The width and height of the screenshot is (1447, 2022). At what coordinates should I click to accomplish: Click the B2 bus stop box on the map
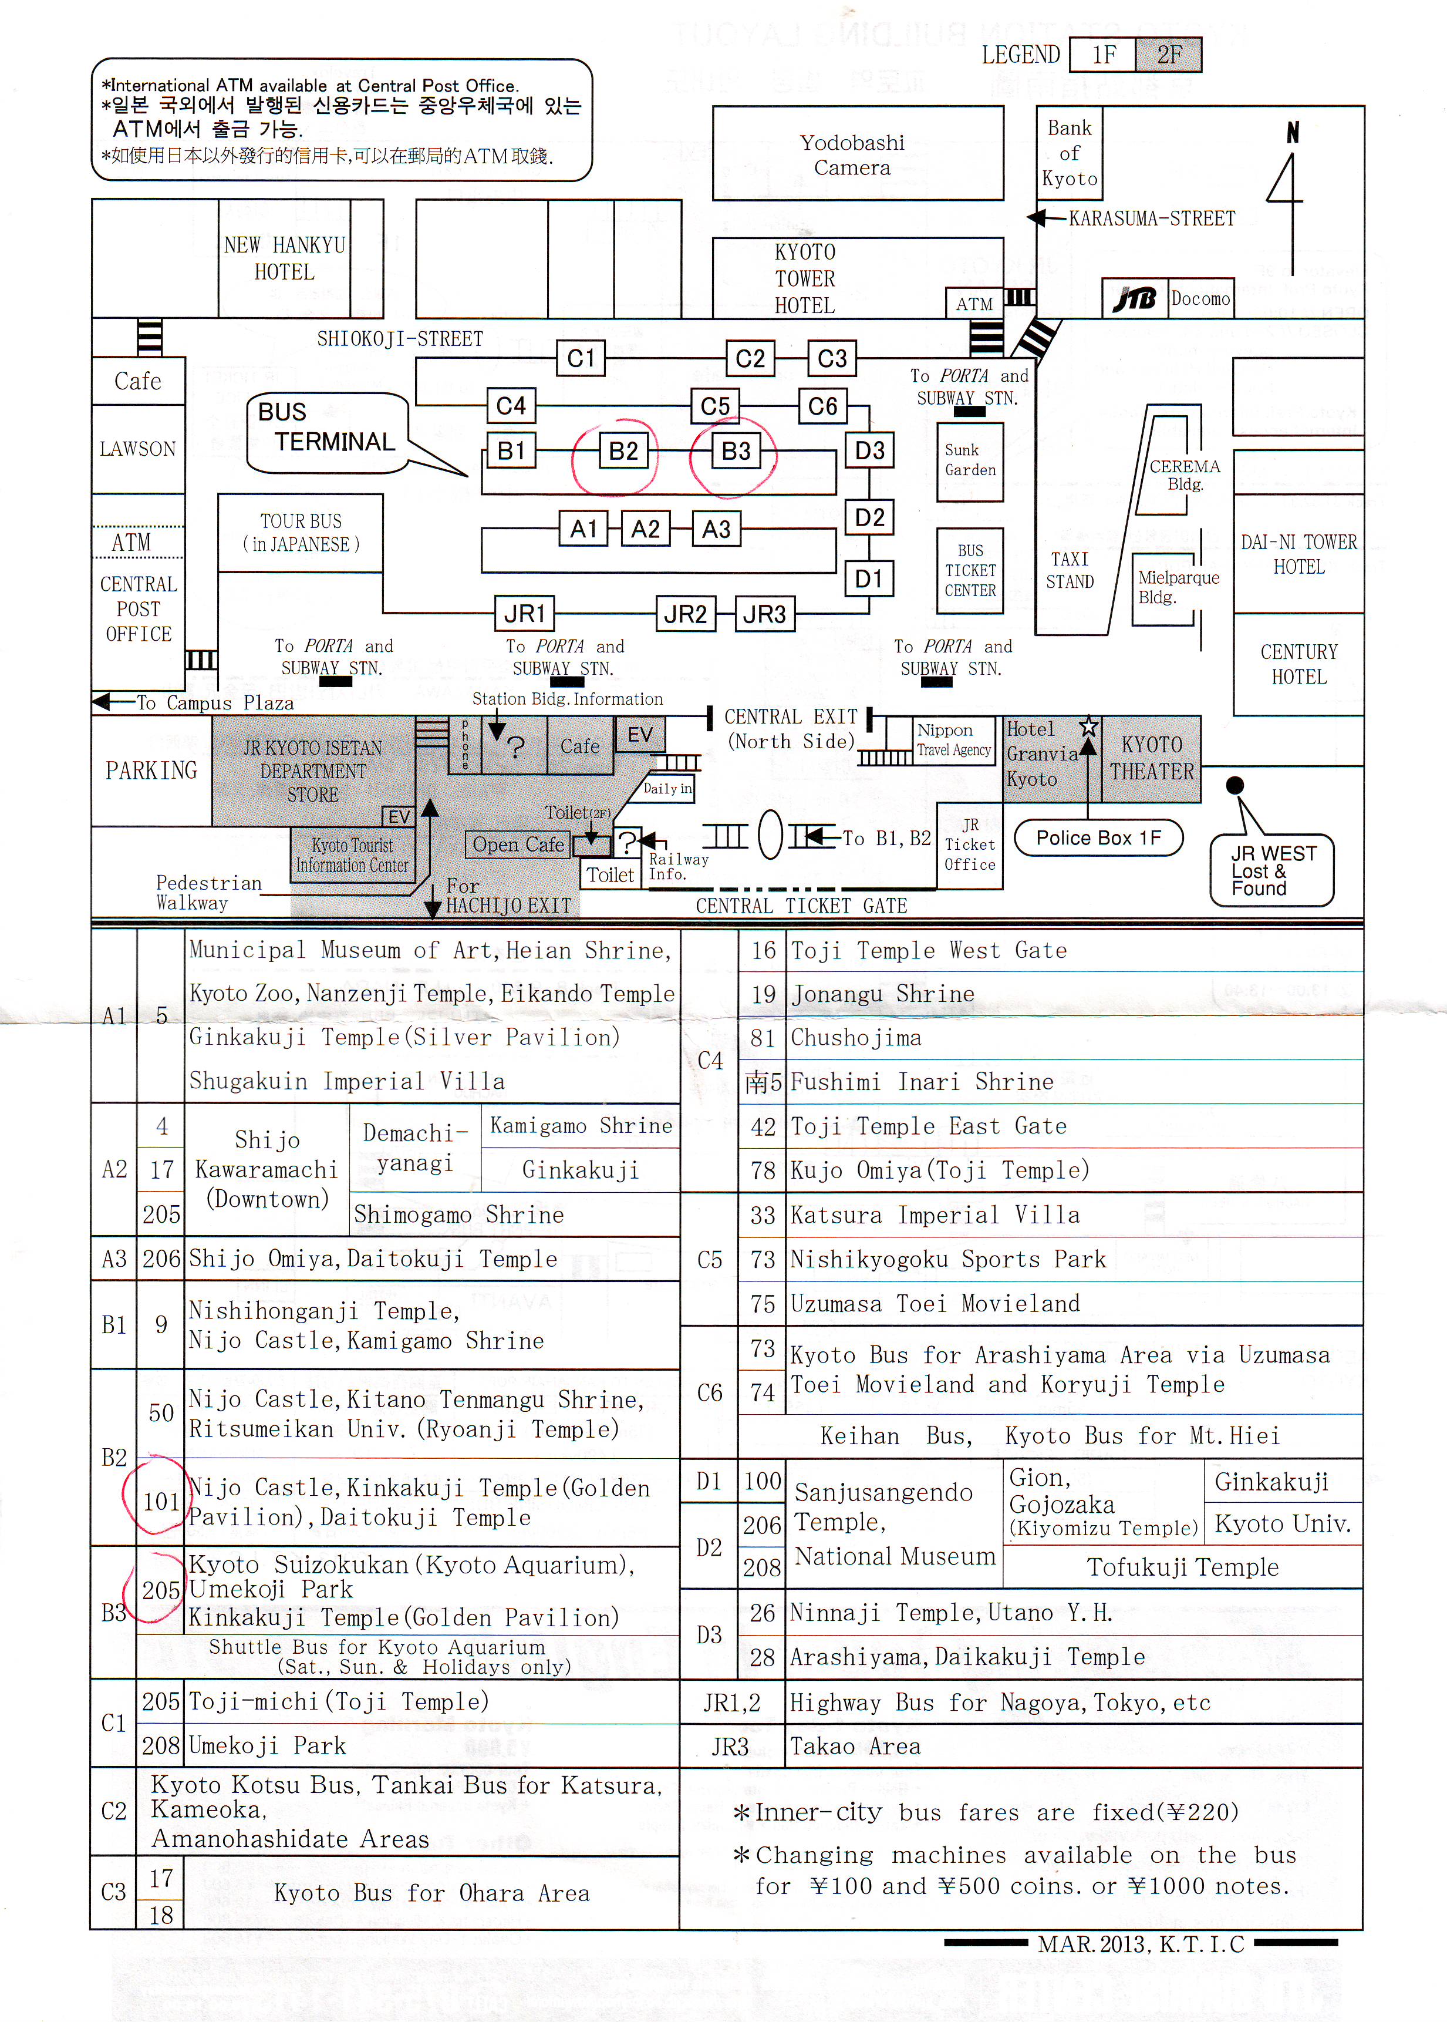[x=623, y=451]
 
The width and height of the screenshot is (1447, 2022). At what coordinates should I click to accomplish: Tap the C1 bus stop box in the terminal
[x=581, y=358]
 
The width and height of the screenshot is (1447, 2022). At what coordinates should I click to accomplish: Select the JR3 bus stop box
[x=764, y=614]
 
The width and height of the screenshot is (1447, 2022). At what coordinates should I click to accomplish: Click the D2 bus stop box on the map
[x=869, y=518]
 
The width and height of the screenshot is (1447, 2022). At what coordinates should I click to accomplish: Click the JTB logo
[x=1134, y=298]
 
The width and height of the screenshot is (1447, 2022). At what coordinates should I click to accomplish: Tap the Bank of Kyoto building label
[x=1069, y=152]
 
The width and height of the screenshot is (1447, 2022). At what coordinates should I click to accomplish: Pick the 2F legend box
[x=1168, y=55]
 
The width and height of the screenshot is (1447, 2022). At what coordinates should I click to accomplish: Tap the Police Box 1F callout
[x=1099, y=837]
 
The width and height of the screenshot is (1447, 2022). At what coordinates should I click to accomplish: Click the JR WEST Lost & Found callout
[x=1271, y=870]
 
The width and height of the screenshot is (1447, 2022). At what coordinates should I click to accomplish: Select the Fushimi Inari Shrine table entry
[x=922, y=1082]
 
